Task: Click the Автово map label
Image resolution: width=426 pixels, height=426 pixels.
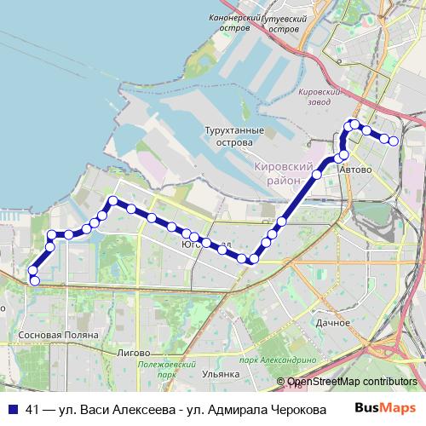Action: click(355, 170)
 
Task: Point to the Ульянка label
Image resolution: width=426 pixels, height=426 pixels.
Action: click(222, 372)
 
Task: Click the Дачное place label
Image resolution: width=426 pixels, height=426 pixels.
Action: click(332, 324)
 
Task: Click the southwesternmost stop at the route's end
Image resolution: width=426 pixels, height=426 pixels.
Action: click(34, 280)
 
